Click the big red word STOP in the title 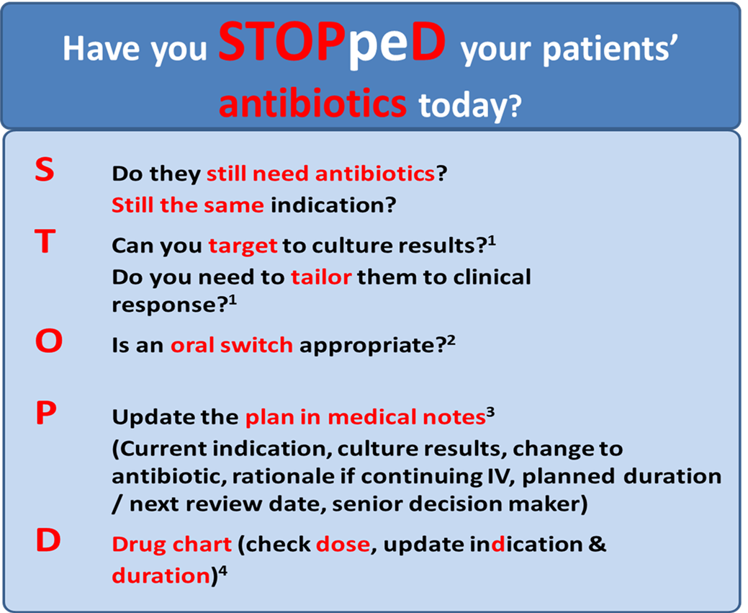(x=283, y=42)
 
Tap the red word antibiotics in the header (x=312, y=103)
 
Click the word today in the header (x=470, y=106)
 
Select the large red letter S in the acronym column (x=45, y=169)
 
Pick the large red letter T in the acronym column (x=45, y=241)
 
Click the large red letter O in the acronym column (x=49, y=341)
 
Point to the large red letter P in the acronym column (x=46, y=413)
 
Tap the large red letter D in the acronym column (x=48, y=540)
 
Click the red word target (x=243, y=246)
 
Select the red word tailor (x=321, y=277)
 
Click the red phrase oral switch (x=232, y=345)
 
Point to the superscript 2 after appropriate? (x=451, y=341)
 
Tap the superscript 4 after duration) (x=222, y=571)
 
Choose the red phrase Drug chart (x=172, y=545)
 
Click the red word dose (x=343, y=545)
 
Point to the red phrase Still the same (x=187, y=205)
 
